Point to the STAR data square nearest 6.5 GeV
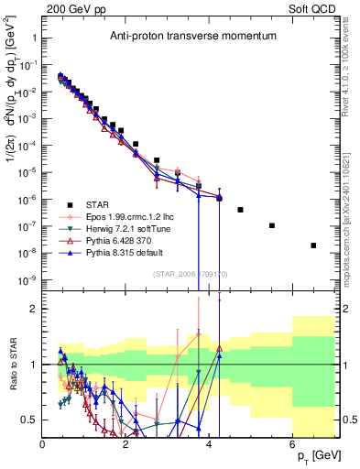[313, 245]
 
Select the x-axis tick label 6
[293, 444]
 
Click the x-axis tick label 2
[125, 444]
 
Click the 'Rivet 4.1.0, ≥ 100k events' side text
[352, 79]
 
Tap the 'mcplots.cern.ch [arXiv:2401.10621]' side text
[352, 212]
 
